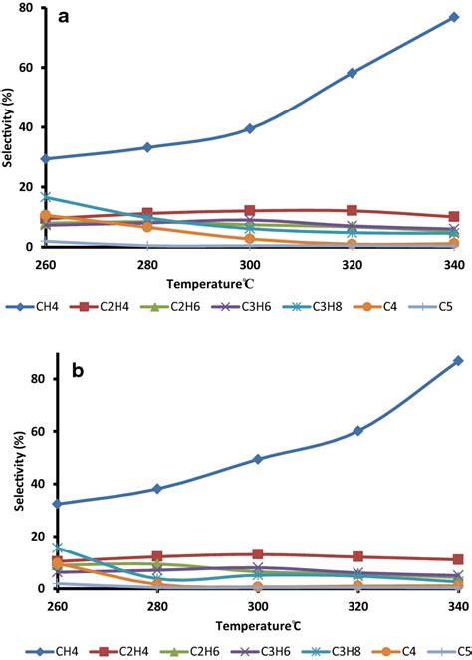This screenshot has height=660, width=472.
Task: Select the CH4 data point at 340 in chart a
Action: (x=454, y=17)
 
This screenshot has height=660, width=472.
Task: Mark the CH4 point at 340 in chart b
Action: (x=457, y=360)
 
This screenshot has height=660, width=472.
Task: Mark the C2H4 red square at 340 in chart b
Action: (x=457, y=559)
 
